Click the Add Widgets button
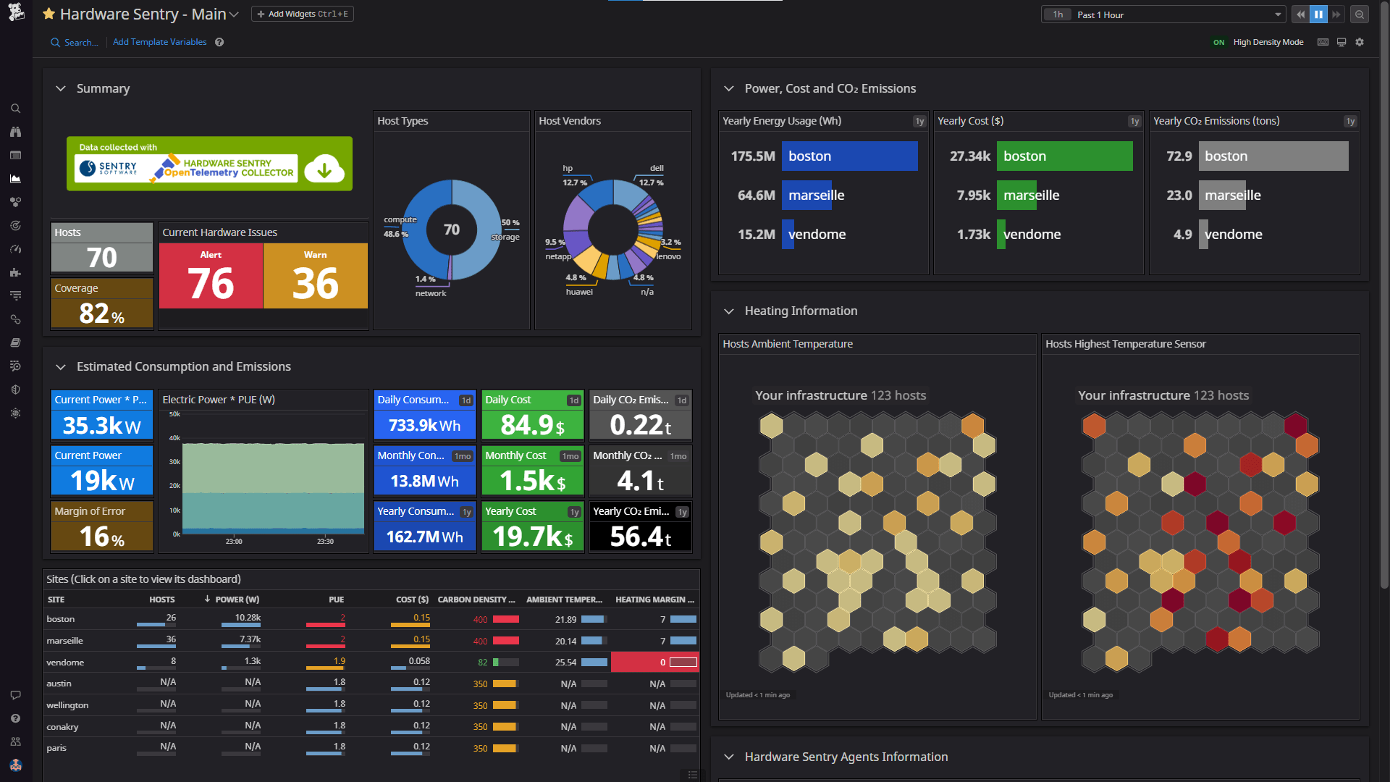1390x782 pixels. coord(303,14)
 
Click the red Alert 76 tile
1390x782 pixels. coord(211,276)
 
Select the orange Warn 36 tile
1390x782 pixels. coord(316,276)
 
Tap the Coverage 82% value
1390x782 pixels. coord(101,313)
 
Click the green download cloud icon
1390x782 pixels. coord(324,169)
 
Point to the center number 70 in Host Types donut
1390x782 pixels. coord(452,230)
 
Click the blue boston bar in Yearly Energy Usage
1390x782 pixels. coord(849,156)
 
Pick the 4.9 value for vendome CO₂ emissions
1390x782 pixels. coord(1182,235)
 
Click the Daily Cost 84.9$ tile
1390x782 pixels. coord(532,424)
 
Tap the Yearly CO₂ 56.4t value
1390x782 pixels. coord(640,537)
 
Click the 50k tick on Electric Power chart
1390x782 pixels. coord(174,414)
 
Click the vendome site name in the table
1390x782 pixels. coord(65,663)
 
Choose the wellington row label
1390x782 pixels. coord(67,705)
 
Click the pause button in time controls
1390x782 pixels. coord(1318,14)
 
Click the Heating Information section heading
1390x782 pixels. coord(801,311)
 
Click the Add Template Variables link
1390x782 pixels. coord(159,42)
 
